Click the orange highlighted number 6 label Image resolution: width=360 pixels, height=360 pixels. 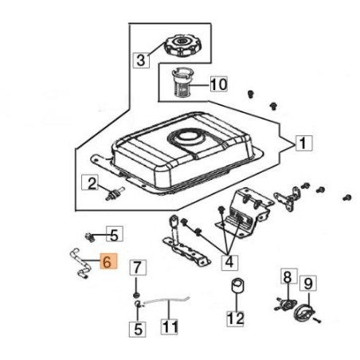pyautogui.click(x=108, y=261)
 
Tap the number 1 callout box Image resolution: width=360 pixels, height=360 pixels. pyautogui.click(x=303, y=143)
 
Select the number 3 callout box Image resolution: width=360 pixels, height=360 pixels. pyautogui.click(x=141, y=60)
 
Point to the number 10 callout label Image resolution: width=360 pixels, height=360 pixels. pyautogui.click(x=219, y=84)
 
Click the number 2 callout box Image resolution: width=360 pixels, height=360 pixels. pyautogui.click(x=90, y=182)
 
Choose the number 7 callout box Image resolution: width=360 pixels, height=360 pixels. pyautogui.click(x=137, y=268)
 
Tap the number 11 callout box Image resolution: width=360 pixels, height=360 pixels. pyautogui.click(x=170, y=327)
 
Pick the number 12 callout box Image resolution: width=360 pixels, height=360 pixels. pyautogui.click(x=235, y=319)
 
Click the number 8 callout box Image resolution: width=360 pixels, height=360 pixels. pyautogui.click(x=289, y=276)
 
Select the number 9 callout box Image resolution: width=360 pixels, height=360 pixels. pyautogui.click(x=308, y=284)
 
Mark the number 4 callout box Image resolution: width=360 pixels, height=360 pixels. pyautogui.click(x=229, y=262)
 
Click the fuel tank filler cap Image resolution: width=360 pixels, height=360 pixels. pyautogui.click(x=182, y=46)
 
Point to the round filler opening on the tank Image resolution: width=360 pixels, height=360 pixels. pyautogui.click(x=187, y=138)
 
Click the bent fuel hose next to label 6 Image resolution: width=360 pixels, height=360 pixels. pyautogui.click(x=80, y=264)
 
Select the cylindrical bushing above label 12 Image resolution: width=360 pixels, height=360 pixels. pyautogui.click(x=238, y=286)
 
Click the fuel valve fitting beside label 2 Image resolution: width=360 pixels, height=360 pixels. pyautogui.click(x=115, y=194)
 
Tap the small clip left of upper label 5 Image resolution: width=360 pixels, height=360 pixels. pyautogui.click(x=90, y=237)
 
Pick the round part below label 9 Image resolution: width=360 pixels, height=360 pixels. pyautogui.click(x=303, y=313)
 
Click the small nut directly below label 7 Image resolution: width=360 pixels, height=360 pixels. pyautogui.click(x=136, y=295)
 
